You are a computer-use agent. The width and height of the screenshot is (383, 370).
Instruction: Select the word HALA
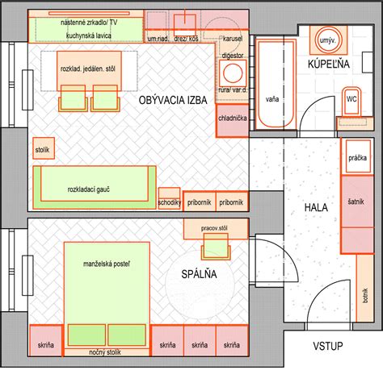315,207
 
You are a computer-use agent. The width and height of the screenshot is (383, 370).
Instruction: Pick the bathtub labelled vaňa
271,98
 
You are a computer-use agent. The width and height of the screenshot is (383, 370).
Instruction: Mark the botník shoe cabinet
365,300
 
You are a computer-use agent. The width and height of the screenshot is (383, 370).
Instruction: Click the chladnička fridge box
232,118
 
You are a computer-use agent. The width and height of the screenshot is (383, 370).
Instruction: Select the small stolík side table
42,150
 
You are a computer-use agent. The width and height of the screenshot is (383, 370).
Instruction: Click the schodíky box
169,202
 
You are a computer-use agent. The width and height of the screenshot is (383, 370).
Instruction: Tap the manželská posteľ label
106,264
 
